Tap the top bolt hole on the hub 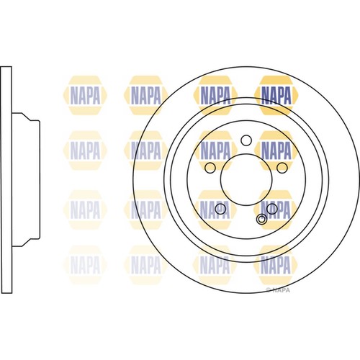point(245,139)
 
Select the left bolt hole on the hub point(209,168)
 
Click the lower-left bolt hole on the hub point(222,210)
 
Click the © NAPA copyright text point(278,290)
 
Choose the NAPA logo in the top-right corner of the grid point(277,93)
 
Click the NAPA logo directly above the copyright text point(277,265)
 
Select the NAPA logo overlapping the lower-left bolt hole point(215,208)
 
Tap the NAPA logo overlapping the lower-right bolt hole point(277,208)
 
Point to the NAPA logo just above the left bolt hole point(215,150)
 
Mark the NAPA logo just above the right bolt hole point(277,150)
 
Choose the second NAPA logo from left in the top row point(147,93)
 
